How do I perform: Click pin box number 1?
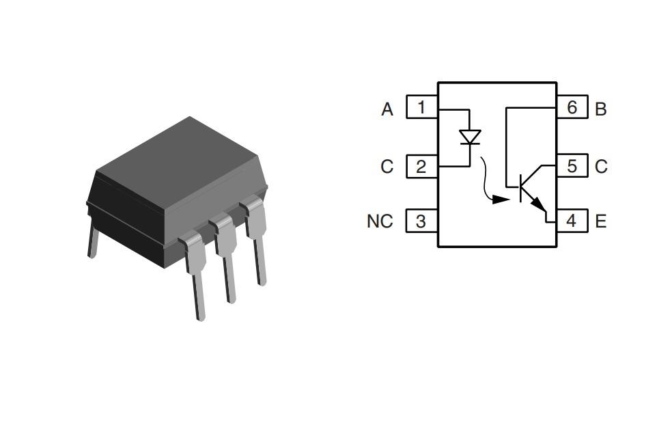click(x=421, y=107)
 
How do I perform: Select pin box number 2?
click(x=421, y=166)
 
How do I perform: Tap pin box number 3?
click(x=421, y=221)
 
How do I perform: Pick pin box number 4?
click(x=572, y=221)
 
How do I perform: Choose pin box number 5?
click(x=572, y=166)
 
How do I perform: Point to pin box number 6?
click(x=572, y=107)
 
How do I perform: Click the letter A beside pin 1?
click(x=387, y=109)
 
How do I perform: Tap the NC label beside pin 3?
click(x=380, y=221)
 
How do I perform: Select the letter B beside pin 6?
click(x=601, y=109)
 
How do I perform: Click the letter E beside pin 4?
click(x=601, y=221)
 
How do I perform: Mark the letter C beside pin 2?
click(x=387, y=167)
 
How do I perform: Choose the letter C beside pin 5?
click(x=601, y=167)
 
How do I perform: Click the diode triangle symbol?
click(x=470, y=137)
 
